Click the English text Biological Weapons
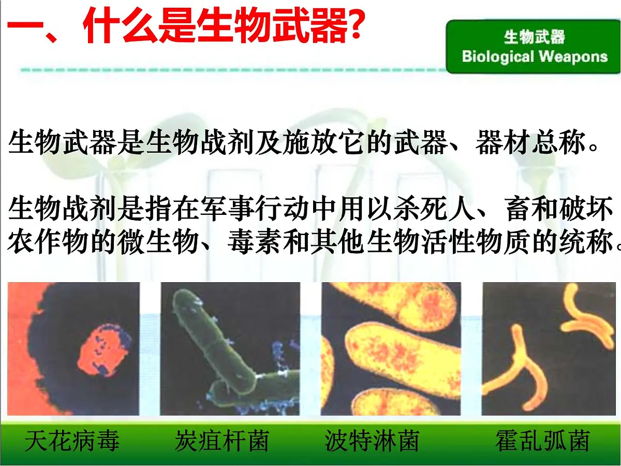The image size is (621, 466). tap(534, 56)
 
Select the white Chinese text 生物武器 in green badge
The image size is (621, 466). tap(534, 37)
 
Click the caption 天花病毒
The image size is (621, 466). tap(72, 441)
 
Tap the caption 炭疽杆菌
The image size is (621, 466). tap(221, 441)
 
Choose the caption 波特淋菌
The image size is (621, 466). tap(372, 441)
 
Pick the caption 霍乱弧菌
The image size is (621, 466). tap(542, 441)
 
